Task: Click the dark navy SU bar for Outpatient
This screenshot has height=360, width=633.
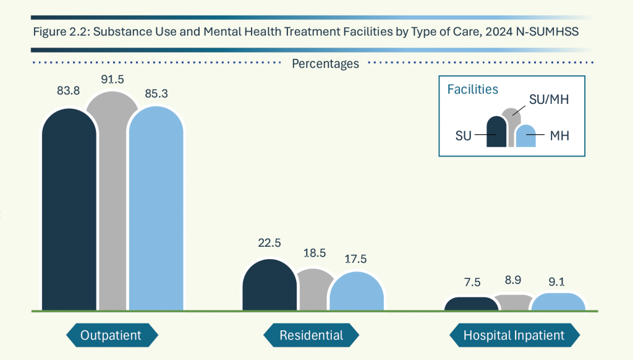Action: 69,210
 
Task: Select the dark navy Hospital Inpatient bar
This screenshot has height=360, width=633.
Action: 471,304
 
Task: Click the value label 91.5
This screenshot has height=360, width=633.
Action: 112,80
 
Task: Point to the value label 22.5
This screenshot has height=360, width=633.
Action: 270,243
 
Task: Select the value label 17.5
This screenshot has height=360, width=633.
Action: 357,260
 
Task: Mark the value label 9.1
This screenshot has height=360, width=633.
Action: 558,281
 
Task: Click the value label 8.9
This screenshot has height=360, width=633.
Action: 512,280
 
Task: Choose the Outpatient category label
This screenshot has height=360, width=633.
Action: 111,335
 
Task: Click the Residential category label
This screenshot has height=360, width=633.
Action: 311,335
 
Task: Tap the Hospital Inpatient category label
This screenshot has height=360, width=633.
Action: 514,335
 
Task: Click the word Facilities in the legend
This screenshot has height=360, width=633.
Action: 472,90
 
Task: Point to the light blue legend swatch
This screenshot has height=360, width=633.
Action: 525,137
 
